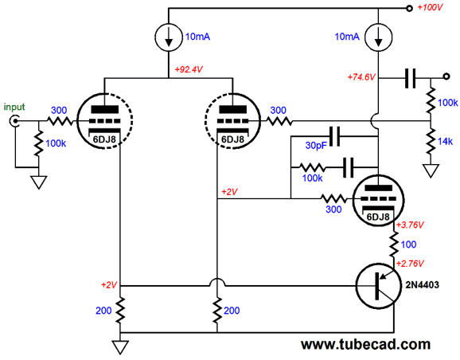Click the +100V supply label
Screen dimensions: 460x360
tap(430, 7)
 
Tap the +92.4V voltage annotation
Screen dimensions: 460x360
tap(189, 69)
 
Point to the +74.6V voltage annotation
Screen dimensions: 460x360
tap(361, 77)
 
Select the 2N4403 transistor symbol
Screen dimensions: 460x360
tap(379, 286)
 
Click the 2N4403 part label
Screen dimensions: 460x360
tap(422, 284)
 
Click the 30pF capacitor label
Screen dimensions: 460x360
tap(316, 145)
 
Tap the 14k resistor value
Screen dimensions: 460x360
tap(446, 142)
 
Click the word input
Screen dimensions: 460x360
tap(14, 107)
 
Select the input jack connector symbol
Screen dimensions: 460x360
tap(14, 121)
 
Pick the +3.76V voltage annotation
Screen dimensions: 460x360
tap(410, 225)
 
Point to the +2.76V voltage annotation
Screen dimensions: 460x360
tap(410, 264)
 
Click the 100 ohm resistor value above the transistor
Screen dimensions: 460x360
tap(408, 245)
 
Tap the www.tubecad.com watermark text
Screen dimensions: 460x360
tap(366, 344)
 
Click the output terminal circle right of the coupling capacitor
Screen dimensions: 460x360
tap(446, 76)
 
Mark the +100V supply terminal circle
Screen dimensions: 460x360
tap(410, 8)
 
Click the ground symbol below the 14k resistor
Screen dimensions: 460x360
tap(431, 170)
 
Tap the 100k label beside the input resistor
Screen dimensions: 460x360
tap(56, 143)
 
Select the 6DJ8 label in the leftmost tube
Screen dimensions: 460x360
tap(104, 139)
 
